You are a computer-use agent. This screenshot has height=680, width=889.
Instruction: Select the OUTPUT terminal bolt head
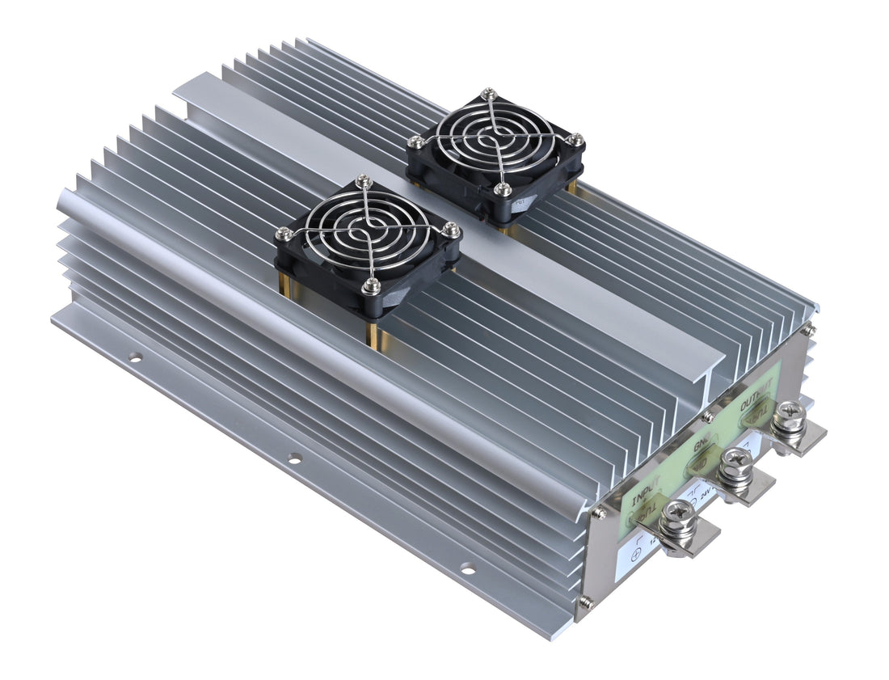point(787,419)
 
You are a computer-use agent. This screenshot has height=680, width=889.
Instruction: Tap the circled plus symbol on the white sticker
point(635,555)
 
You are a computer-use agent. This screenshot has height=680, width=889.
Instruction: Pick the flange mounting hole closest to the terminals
point(467,571)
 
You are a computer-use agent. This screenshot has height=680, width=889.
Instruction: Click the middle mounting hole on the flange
point(294,458)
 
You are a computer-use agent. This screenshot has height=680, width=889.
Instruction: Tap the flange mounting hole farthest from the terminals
point(135,357)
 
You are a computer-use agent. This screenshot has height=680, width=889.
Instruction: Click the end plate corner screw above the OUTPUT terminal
point(807,329)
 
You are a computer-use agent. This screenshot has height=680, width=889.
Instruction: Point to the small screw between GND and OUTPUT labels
point(709,417)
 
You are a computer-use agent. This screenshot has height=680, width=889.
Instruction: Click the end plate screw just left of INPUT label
point(598,512)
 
